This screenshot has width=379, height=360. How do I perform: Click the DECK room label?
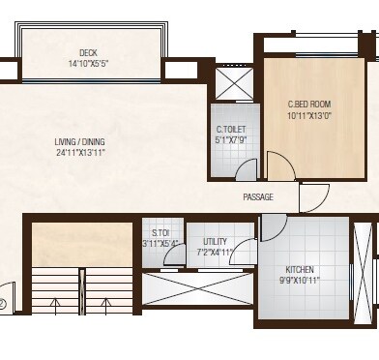tap(88, 52)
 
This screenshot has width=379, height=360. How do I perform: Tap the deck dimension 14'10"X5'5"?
tap(88, 64)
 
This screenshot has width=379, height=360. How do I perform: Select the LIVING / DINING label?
tap(79, 141)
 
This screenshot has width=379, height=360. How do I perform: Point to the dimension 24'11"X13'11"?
tap(81, 153)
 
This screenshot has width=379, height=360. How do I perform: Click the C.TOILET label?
tap(231, 130)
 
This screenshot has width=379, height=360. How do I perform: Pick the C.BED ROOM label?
tap(309, 105)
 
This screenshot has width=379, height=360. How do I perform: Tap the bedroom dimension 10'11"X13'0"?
tap(309, 115)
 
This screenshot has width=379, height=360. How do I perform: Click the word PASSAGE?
tap(258, 196)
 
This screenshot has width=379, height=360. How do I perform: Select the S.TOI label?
tap(160, 232)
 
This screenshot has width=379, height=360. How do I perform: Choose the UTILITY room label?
tap(215, 241)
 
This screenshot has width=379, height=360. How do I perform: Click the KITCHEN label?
tap(300, 269)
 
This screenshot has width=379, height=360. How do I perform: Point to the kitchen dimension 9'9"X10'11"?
tap(300, 281)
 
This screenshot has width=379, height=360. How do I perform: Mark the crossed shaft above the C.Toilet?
tap(234, 83)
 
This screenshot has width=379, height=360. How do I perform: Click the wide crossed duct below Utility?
tap(197, 288)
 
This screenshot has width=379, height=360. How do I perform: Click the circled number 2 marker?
tap(2, 304)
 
